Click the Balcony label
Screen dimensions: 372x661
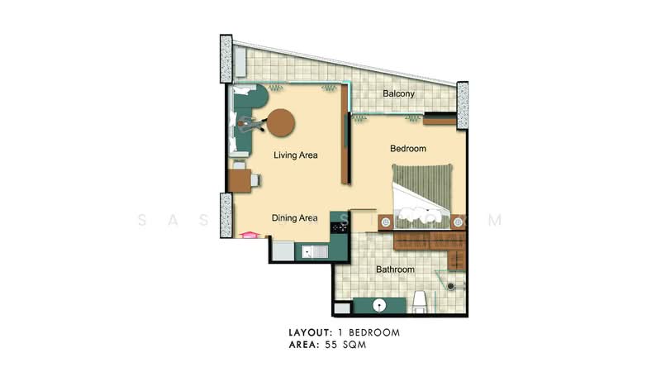(399, 94)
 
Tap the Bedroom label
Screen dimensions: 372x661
(408, 149)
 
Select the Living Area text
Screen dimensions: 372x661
(296, 155)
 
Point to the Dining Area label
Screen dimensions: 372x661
(295, 218)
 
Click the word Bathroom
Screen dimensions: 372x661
(395, 269)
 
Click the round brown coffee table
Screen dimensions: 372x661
(281, 123)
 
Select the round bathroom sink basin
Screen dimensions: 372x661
(379, 304)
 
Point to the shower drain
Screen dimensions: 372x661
(450, 285)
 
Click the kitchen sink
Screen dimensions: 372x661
(315, 250)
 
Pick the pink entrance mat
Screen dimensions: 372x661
(246, 235)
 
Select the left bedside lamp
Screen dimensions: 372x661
(386, 222)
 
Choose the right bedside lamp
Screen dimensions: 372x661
(458, 222)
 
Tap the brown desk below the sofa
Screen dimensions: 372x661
(240, 180)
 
